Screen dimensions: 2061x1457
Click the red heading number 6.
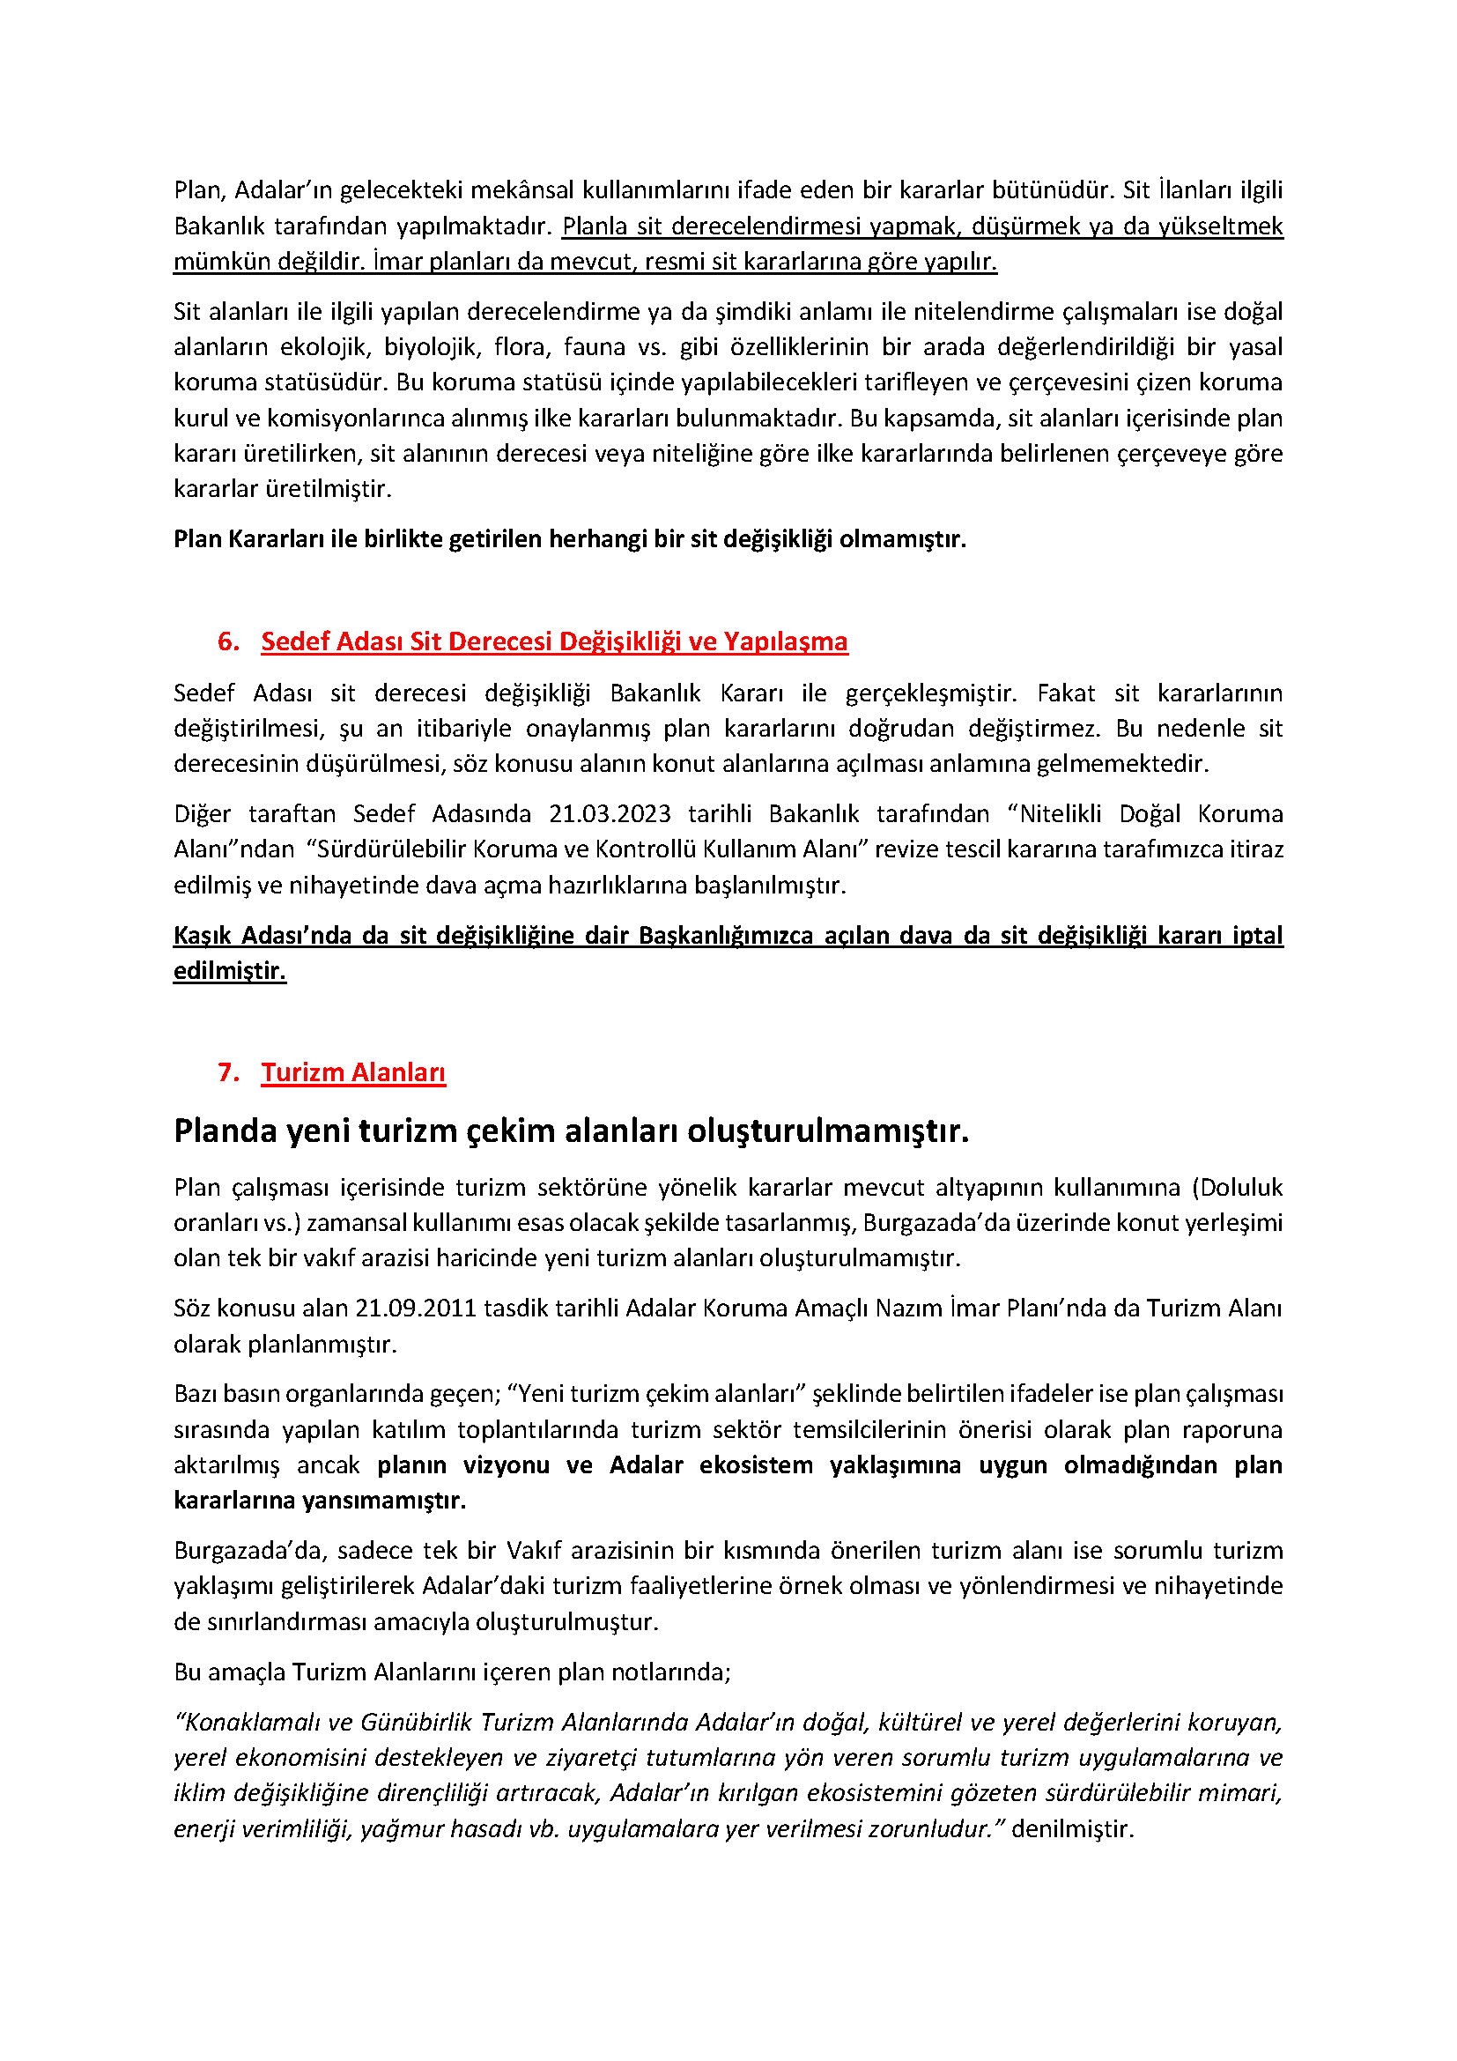pyautogui.click(x=228, y=641)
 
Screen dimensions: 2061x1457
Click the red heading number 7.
pyautogui.click(x=228, y=1072)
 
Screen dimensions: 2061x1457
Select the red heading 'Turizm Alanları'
pyautogui.click(x=352, y=1072)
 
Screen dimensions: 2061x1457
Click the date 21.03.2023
pyautogui.click(x=610, y=814)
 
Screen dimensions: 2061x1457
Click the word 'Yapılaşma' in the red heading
pyautogui.click(x=785, y=641)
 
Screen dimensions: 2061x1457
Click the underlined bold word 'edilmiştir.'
pyautogui.click(x=230, y=971)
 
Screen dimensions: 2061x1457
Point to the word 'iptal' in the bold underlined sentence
pyautogui.click(x=1257, y=936)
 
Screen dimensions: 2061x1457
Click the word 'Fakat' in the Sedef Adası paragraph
pyautogui.click(x=1066, y=693)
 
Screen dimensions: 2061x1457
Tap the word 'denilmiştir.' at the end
pyautogui.click(x=1072, y=1829)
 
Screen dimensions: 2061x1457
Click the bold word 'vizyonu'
pyautogui.click(x=506, y=1465)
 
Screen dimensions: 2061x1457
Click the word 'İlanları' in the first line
pyautogui.click(x=1195, y=190)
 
